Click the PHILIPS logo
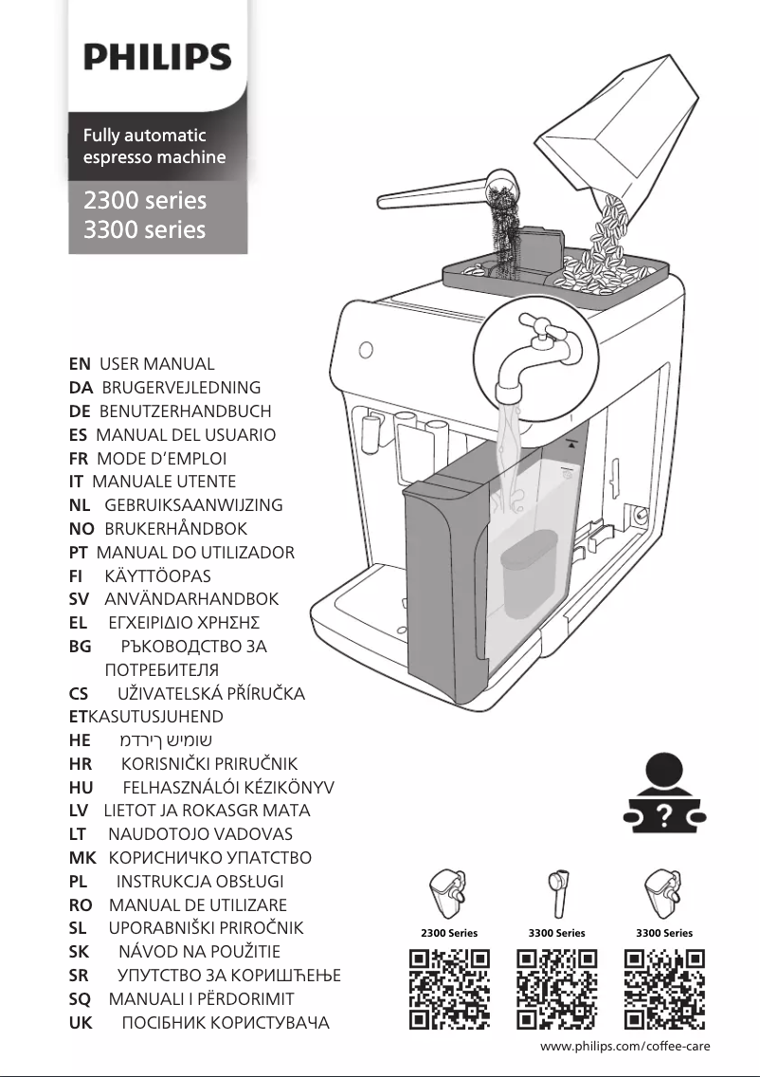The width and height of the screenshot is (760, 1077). tap(157, 56)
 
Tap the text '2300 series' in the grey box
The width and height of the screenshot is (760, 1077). tap(145, 200)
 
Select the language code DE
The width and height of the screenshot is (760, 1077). tap(80, 411)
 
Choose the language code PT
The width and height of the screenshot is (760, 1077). tap(79, 553)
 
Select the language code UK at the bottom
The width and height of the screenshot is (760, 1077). tap(81, 1022)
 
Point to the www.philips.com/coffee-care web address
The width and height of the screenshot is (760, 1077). tap(624, 1046)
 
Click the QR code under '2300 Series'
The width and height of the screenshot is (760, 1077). tap(449, 988)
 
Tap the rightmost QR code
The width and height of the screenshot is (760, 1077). tap(664, 988)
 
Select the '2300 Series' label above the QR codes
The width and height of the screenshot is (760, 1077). tap(449, 933)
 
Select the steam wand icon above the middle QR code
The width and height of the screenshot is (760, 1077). tap(557, 892)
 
